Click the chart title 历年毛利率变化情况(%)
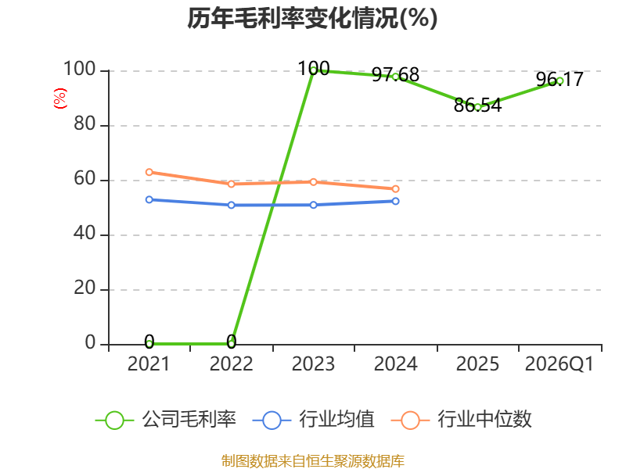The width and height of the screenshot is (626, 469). point(312,18)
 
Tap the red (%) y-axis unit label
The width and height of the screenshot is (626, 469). point(60,98)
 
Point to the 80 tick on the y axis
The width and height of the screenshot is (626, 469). point(85,124)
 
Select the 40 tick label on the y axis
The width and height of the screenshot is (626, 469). point(85,233)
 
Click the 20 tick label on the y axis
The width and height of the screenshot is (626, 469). point(85,288)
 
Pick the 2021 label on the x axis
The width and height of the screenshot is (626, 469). point(149,364)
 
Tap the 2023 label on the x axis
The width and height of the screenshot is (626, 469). point(313,364)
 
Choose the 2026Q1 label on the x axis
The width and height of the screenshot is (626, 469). point(559,364)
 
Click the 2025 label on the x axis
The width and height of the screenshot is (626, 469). point(477,364)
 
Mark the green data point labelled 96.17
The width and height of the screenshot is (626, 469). point(559,81)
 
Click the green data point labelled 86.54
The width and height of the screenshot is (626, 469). point(477,107)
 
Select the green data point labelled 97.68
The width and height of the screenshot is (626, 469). point(396,77)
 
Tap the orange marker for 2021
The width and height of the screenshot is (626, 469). point(149,172)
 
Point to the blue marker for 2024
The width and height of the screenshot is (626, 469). point(396,202)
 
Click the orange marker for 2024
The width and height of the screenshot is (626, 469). point(396,189)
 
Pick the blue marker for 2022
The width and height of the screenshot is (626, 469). point(231,205)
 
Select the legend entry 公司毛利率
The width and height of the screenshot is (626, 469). point(166,420)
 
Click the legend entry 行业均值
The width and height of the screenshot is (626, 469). point(314,420)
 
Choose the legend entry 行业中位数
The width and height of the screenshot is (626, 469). point(462,420)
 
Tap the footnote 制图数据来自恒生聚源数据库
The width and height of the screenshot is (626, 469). point(313,461)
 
